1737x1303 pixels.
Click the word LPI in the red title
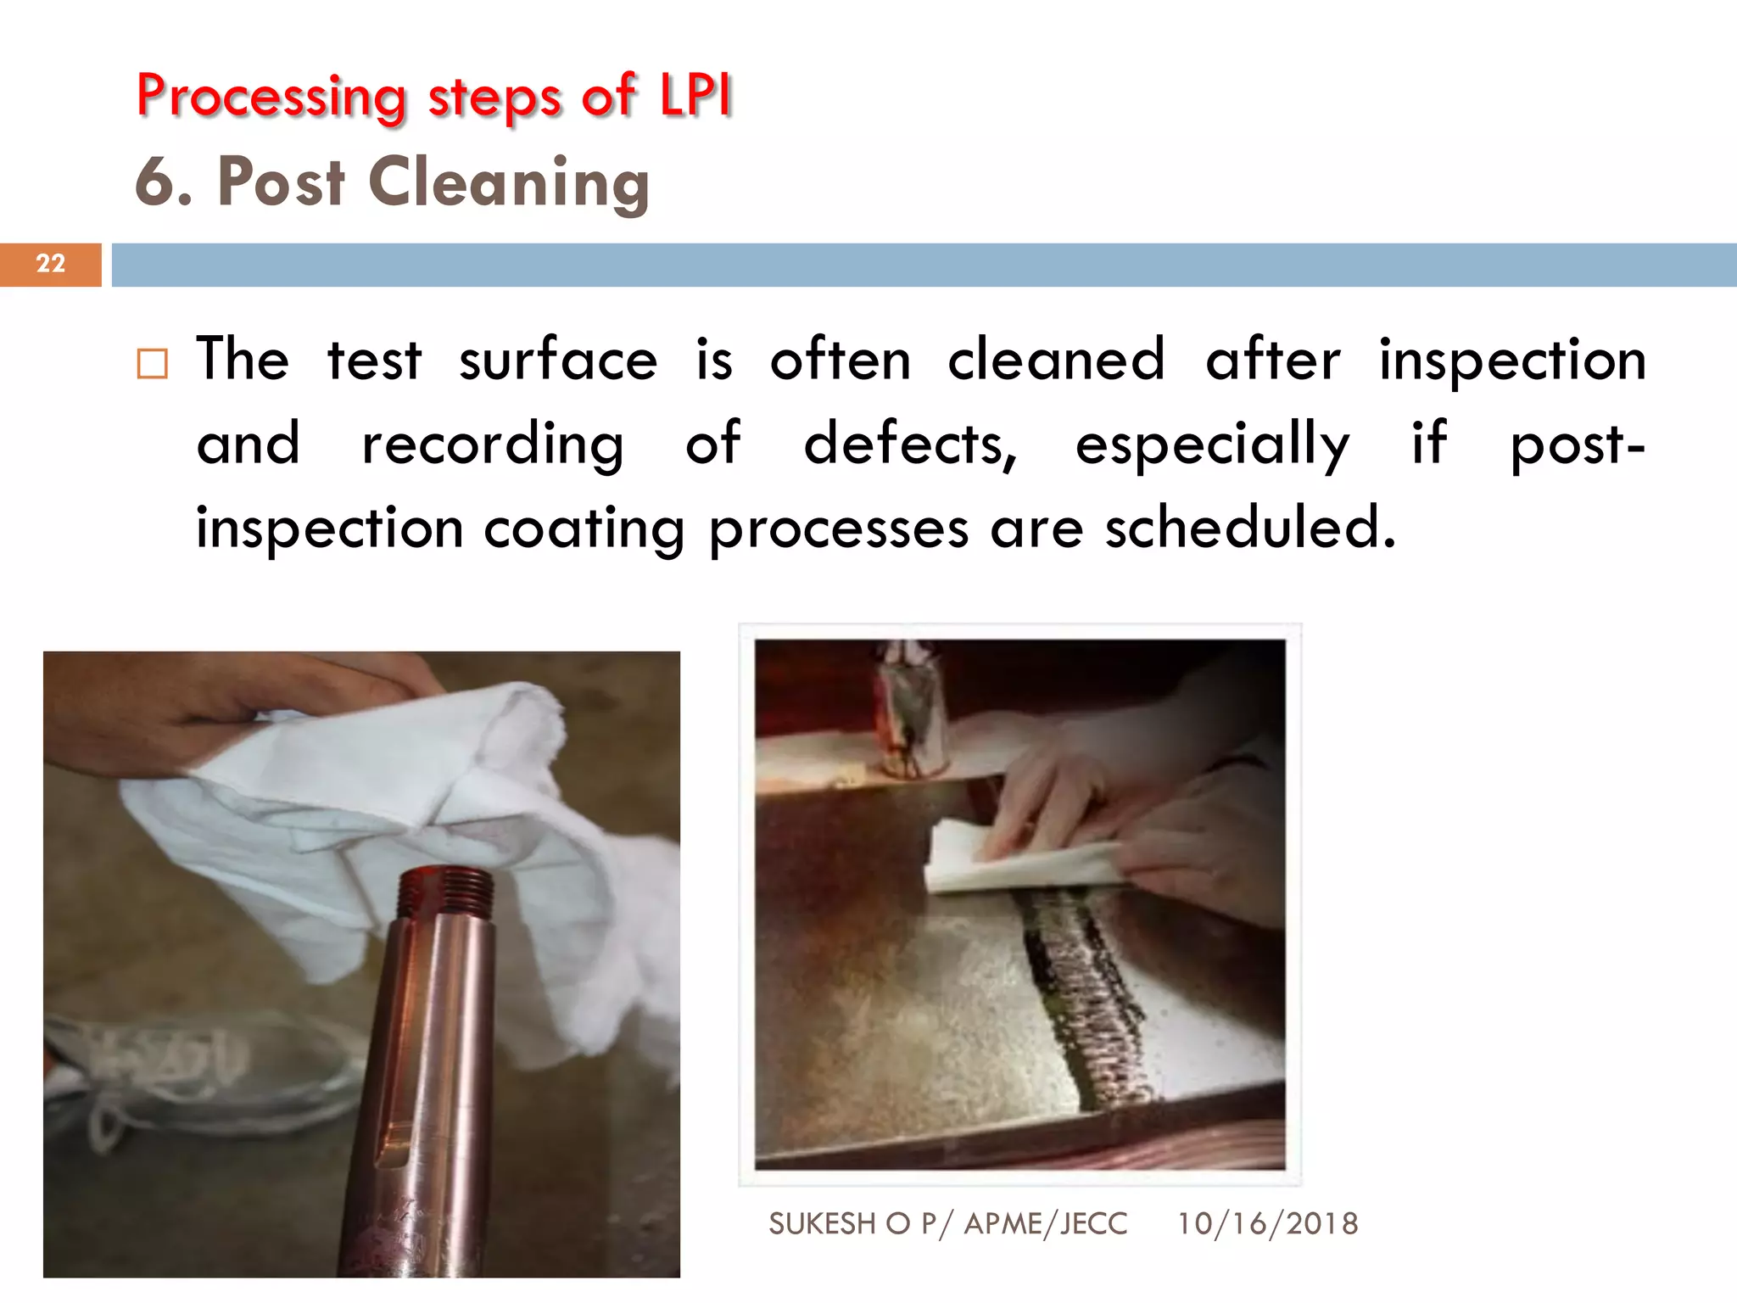point(695,95)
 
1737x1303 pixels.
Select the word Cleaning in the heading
point(509,183)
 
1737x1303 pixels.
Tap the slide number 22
point(51,264)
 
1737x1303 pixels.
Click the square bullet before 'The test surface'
point(153,364)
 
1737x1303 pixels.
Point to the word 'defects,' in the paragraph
point(910,444)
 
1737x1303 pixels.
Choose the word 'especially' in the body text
point(1212,445)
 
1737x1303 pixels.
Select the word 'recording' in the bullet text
point(493,445)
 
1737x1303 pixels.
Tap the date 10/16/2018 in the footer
point(1267,1224)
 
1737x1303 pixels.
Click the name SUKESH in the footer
point(822,1224)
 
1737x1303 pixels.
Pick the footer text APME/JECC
point(1046,1224)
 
